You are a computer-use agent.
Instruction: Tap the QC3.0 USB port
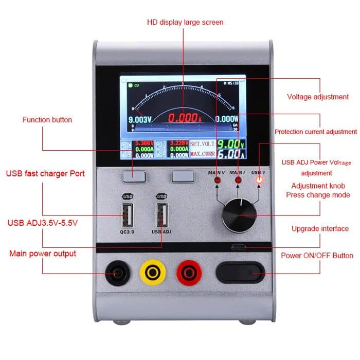[127, 214]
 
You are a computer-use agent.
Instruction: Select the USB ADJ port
[161, 214]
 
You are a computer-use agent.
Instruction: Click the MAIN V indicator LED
[218, 181]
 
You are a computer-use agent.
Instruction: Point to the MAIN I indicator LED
[238, 181]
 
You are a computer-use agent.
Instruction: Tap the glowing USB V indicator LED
[259, 180]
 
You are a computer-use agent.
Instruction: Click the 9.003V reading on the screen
[139, 119]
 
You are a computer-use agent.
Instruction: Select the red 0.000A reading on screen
[185, 118]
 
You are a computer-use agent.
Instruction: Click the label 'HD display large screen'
[185, 22]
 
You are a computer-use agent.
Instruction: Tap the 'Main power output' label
[43, 254]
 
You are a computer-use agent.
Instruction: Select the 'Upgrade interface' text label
[320, 229]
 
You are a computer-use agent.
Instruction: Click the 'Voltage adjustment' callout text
[318, 97]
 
